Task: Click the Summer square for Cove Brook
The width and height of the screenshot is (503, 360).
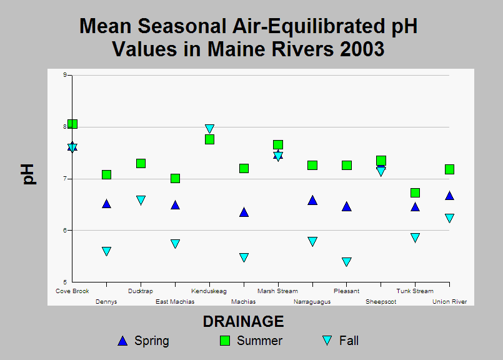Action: click(72, 124)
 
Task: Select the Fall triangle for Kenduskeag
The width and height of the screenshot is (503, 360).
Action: click(209, 129)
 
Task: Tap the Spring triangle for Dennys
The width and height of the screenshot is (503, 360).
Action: click(106, 204)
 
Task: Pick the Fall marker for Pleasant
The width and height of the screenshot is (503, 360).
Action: click(346, 262)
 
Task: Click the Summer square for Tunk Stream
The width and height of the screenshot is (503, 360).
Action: click(415, 193)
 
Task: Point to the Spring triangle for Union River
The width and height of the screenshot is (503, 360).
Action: click(449, 196)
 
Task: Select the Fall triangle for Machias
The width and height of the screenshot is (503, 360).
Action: click(244, 257)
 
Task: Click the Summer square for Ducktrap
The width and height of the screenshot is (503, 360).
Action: click(141, 163)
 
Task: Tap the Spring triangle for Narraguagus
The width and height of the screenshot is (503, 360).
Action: click(312, 200)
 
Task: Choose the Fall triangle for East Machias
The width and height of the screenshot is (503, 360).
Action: click(175, 244)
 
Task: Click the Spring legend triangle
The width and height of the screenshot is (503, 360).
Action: click(122, 341)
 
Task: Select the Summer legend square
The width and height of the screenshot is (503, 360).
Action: click(225, 341)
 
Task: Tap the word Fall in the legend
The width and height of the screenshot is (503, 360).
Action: click(349, 341)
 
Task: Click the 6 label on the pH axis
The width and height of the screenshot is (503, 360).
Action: click(65, 231)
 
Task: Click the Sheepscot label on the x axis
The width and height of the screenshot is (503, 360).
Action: click(381, 302)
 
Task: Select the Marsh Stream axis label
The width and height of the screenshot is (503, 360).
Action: click(278, 291)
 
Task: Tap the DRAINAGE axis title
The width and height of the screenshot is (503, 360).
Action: click(243, 321)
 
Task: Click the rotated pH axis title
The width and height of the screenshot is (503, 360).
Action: click(28, 174)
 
